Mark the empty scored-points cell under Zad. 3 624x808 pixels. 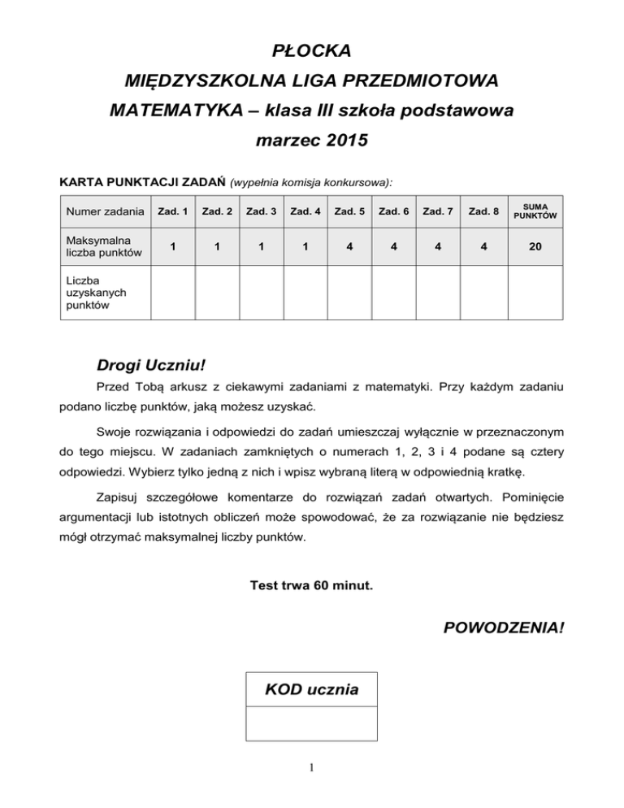pyautogui.click(x=262, y=290)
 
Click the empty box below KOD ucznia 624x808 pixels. pyautogui.click(x=311, y=724)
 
